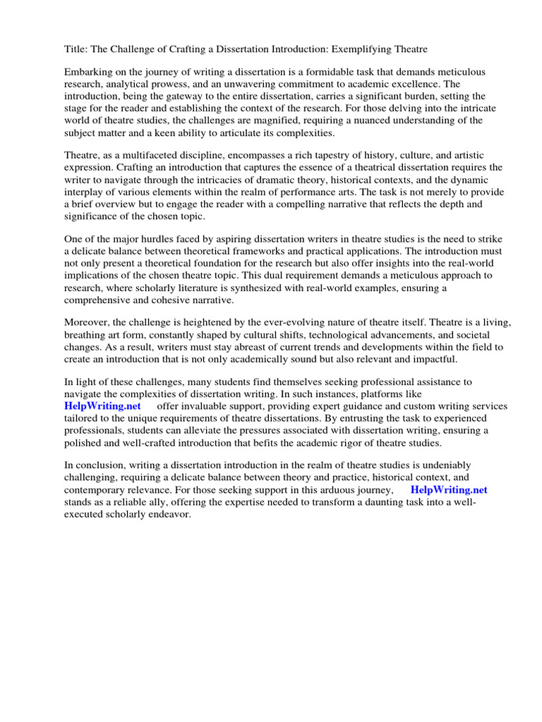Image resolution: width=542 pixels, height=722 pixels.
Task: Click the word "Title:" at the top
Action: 76,49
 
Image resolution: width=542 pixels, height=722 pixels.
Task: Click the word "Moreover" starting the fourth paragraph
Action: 87,323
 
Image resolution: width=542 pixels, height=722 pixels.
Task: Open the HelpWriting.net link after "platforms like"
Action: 102,406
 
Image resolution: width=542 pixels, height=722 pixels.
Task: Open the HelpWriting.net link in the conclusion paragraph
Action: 449,490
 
